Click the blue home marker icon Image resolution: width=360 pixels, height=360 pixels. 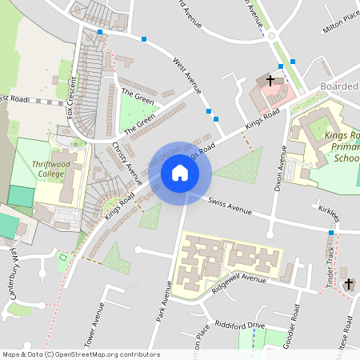tap(180, 173)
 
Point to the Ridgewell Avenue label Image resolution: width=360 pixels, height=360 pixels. tap(239, 279)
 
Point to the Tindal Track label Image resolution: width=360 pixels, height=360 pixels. tap(330, 265)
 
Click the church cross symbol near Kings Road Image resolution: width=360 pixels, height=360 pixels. tap(270, 80)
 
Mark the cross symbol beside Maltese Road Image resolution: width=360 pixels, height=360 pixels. tap(348, 284)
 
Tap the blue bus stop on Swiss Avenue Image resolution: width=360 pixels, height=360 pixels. tap(330, 233)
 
